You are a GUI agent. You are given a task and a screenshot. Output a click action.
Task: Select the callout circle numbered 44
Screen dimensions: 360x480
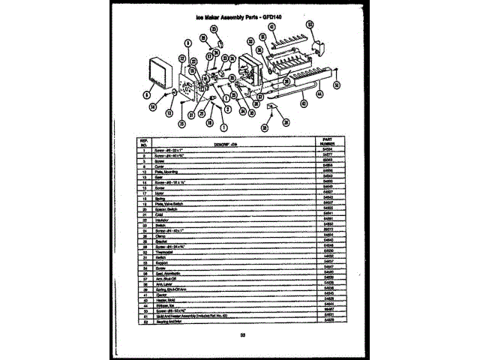pyautogui.click(x=319, y=95)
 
